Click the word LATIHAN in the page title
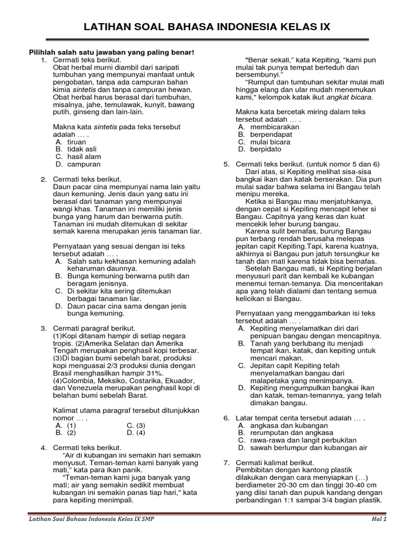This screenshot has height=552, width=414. [111, 27]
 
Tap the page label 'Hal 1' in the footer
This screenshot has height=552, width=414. [379, 519]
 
